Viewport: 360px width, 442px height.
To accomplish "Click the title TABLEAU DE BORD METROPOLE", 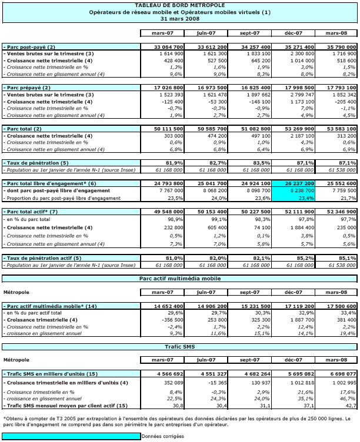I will (179, 6).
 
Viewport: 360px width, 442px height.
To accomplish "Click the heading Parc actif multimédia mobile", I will (179, 278).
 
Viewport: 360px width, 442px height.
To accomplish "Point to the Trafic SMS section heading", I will (179, 347).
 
